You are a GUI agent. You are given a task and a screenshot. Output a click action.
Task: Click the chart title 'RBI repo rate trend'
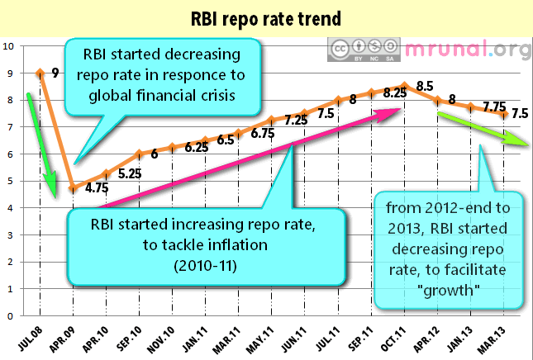click(x=266, y=17)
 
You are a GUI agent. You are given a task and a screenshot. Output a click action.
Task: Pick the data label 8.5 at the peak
click(x=426, y=85)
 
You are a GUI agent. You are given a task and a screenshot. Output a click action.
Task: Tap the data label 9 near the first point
click(x=55, y=73)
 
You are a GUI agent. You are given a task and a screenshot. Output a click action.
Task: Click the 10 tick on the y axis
click(x=8, y=46)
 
